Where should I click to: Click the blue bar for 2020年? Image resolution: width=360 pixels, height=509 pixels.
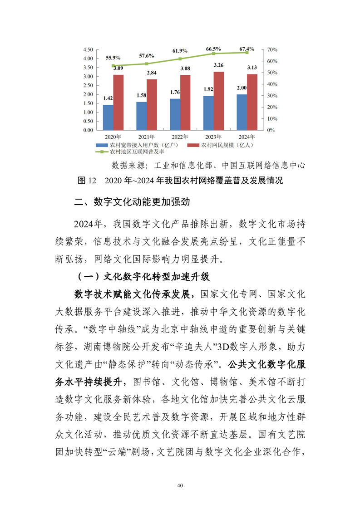tap(108, 117)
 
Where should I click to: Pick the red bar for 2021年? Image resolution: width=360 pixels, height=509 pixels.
tap(152, 105)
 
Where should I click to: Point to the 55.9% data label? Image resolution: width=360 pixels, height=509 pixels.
tap(113, 58)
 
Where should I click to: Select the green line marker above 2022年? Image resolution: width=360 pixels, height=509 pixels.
tap(180, 59)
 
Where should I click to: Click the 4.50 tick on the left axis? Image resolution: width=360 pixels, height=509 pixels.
tap(87, 49)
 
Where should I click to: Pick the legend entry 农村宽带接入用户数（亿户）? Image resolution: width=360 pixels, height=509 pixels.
tap(140, 145)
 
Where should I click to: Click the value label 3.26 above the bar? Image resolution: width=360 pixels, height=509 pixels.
tap(218, 65)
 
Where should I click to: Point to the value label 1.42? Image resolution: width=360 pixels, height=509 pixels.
tap(108, 98)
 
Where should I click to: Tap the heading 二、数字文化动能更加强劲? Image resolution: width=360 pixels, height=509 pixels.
tap(132, 203)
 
